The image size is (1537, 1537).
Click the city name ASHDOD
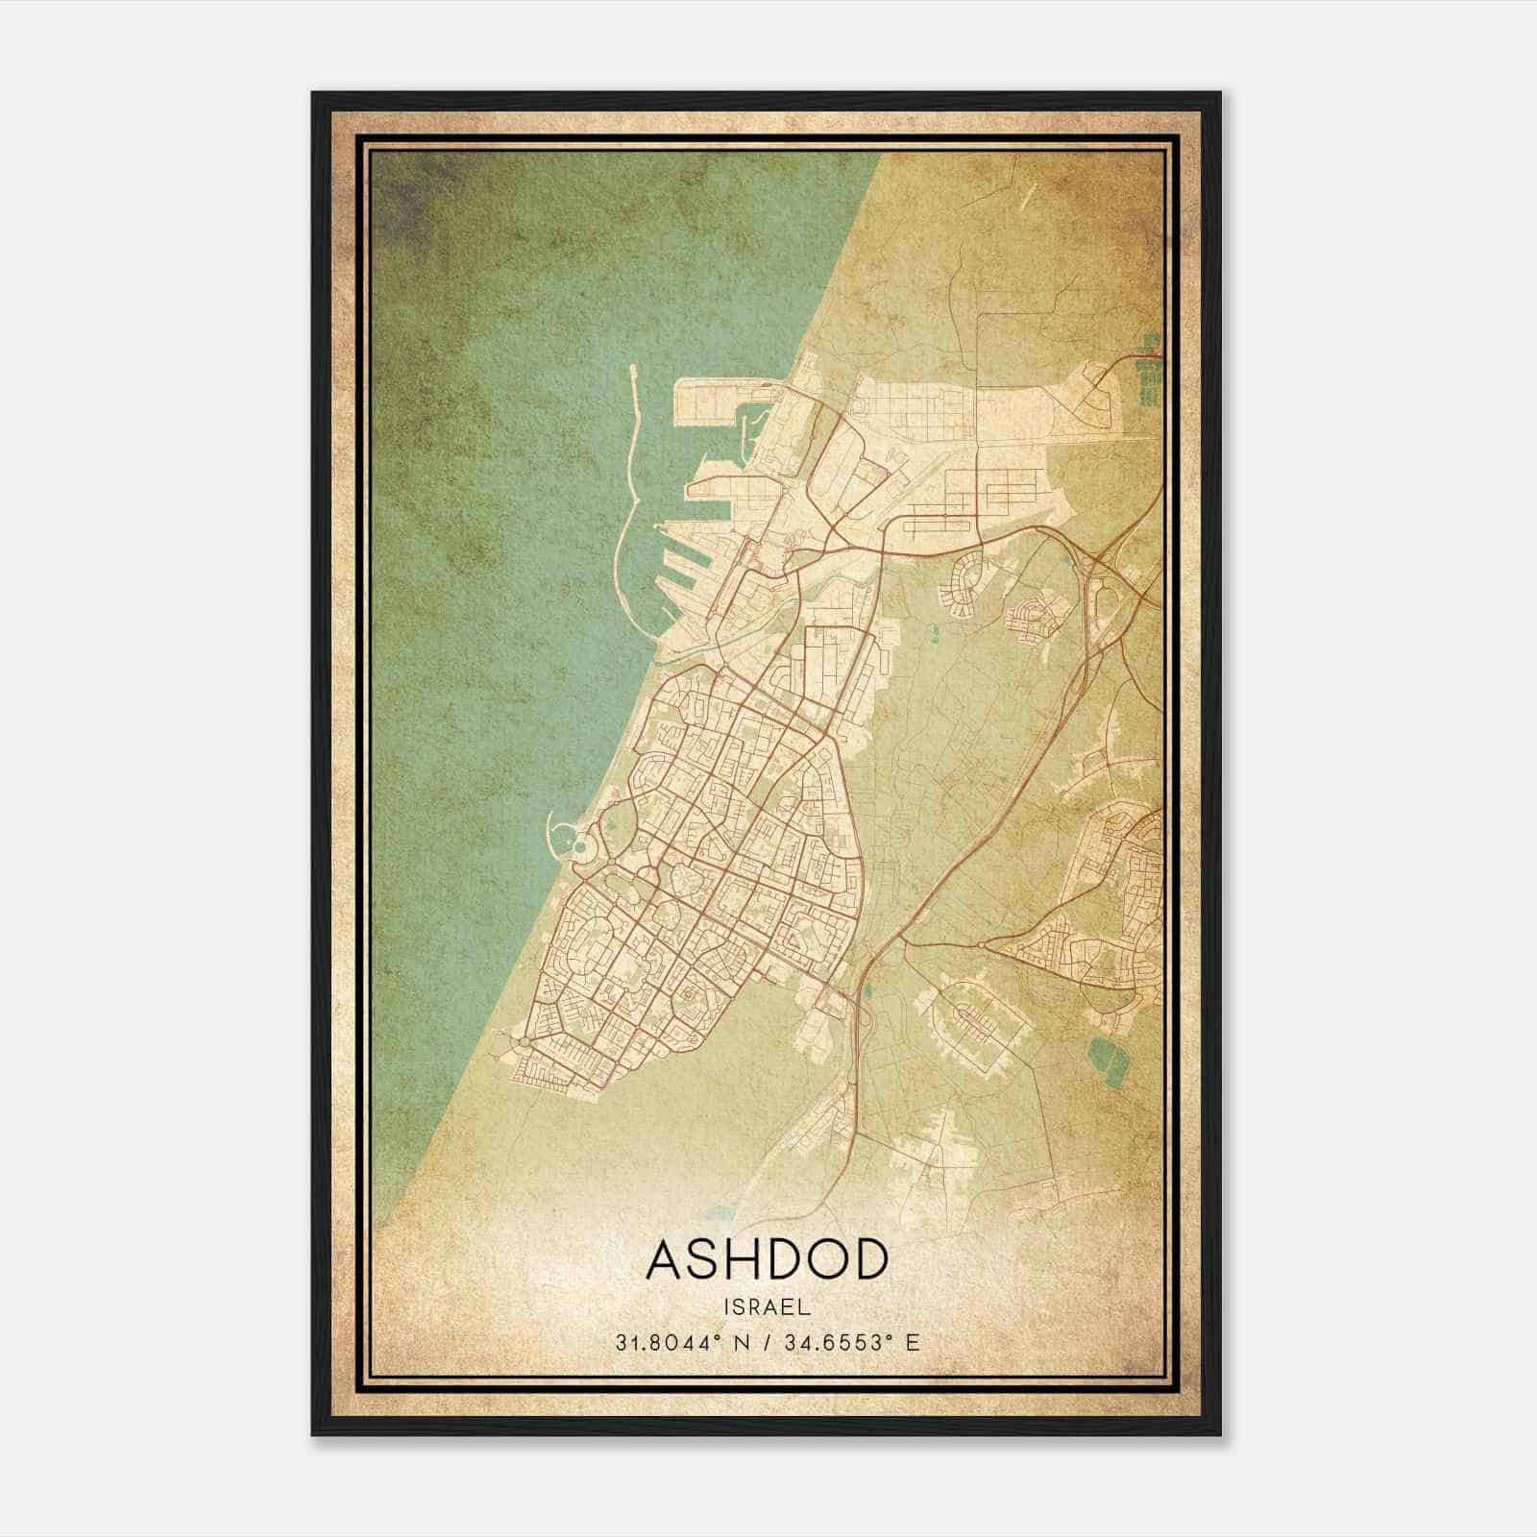[766, 1259]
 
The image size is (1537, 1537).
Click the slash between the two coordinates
[764, 1342]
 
